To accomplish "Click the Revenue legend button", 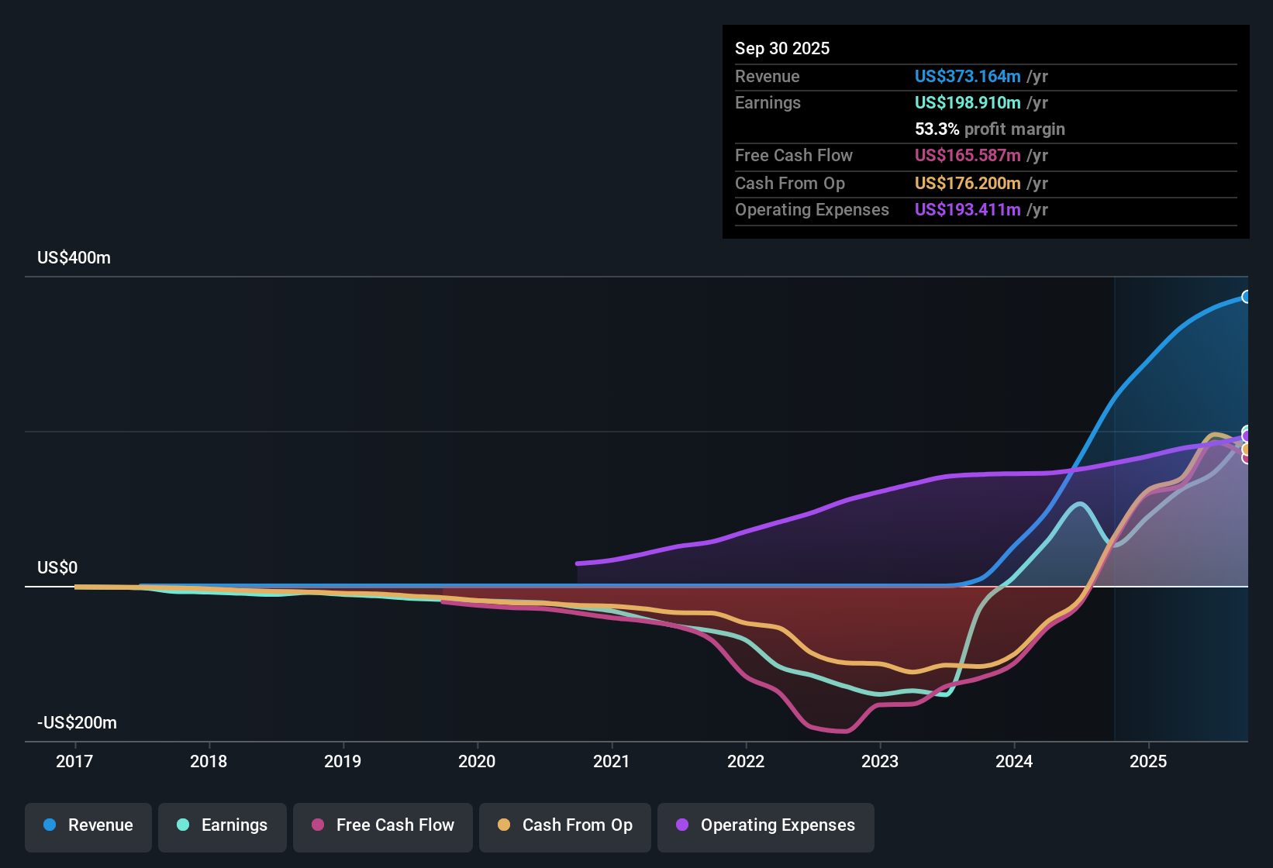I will (88, 825).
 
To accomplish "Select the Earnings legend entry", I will (223, 825).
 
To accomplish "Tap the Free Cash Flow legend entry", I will (383, 825).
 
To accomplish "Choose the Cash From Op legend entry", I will (565, 825).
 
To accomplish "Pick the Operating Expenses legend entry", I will (766, 825).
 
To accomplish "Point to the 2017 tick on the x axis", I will (74, 761).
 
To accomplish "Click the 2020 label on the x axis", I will (477, 761).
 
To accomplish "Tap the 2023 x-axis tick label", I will (880, 761).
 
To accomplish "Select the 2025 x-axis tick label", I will (1148, 761).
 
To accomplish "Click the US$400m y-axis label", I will (74, 258).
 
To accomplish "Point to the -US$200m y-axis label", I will (77, 723).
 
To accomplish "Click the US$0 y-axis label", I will (57, 568).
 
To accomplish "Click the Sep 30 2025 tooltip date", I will (782, 49).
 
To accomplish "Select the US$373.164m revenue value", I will (967, 77).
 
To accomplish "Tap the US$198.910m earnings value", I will (967, 103).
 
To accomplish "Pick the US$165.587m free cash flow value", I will (967, 156).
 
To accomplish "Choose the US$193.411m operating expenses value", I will (967, 210).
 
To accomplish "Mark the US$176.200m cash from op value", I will (967, 184).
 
